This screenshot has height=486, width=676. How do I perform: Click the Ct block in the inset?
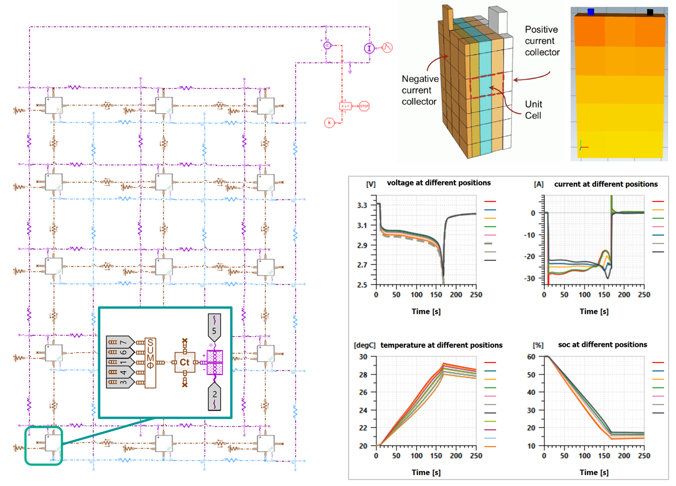click(184, 363)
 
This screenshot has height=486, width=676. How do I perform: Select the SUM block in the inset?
click(150, 363)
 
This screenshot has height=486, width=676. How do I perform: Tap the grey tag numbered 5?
click(214, 328)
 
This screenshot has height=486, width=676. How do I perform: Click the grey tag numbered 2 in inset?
click(214, 396)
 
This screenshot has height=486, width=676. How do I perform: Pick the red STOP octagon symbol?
click(364, 106)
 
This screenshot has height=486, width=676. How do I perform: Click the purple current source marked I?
click(369, 48)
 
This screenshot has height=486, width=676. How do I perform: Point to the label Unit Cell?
click(533, 110)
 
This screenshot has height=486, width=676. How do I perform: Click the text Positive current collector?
click(541, 41)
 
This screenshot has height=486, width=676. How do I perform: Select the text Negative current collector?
click(420, 90)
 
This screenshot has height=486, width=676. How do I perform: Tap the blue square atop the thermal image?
click(591, 12)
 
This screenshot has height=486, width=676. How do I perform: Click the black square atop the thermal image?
click(650, 12)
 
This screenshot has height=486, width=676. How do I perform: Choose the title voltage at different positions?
click(439, 183)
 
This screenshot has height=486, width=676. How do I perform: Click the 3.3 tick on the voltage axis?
click(362, 205)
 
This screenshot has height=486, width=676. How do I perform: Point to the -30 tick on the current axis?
click(530, 278)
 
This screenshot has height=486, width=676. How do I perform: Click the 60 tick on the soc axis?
click(531, 357)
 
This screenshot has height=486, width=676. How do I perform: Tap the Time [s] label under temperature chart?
click(426, 472)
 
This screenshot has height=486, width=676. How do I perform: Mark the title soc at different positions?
click(602, 345)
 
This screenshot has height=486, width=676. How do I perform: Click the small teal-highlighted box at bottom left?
click(44, 445)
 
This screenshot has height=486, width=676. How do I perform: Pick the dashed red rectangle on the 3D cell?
click(487, 85)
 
